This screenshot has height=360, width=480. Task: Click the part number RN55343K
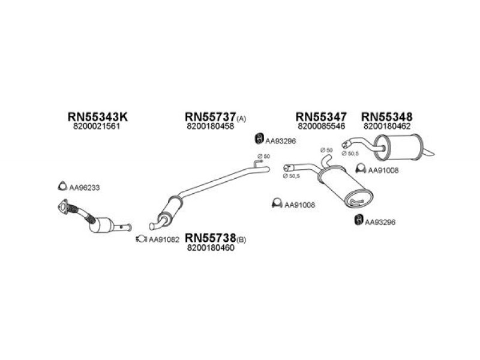pyautogui.click(x=97, y=116)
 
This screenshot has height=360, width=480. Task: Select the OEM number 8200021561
pyautogui.click(x=97, y=126)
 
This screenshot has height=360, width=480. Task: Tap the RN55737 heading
pyautogui.click(x=211, y=116)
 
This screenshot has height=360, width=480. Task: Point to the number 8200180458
pyautogui.click(x=211, y=126)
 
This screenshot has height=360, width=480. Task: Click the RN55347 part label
pyautogui.click(x=321, y=116)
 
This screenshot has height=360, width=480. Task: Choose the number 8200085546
pyautogui.click(x=321, y=126)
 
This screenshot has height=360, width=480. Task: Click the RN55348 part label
pyautogui.click(x=386, y=116)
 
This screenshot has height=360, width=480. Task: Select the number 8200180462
pyautogui.click(x=387, y=126)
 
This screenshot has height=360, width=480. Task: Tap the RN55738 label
pyautogui.click(x=211, y=237)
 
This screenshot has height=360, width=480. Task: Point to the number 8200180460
pyautogui.click(x=211, y=248)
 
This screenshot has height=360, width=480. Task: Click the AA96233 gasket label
pyautogui.click(x=85, y=188)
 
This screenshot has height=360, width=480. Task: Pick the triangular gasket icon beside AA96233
pyautogui.click(x=62, y=186)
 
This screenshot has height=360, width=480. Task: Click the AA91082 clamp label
pyautogui.click(x=164, y=239)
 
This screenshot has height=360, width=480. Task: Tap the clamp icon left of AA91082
pyautogui.click(x=142, y=238)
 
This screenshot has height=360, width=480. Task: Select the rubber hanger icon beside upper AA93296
pyautogui.click(x=259, y=139)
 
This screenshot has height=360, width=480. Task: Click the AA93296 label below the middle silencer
pyautogui.click(x=380, y=222)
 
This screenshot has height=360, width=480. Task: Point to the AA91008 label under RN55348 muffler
pyautogui.click(x=383, y=170)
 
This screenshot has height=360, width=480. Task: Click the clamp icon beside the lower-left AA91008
pyautogui.click(x=277, y=203)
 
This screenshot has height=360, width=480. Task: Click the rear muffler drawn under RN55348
pyautogui.click(x=398, y=147)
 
